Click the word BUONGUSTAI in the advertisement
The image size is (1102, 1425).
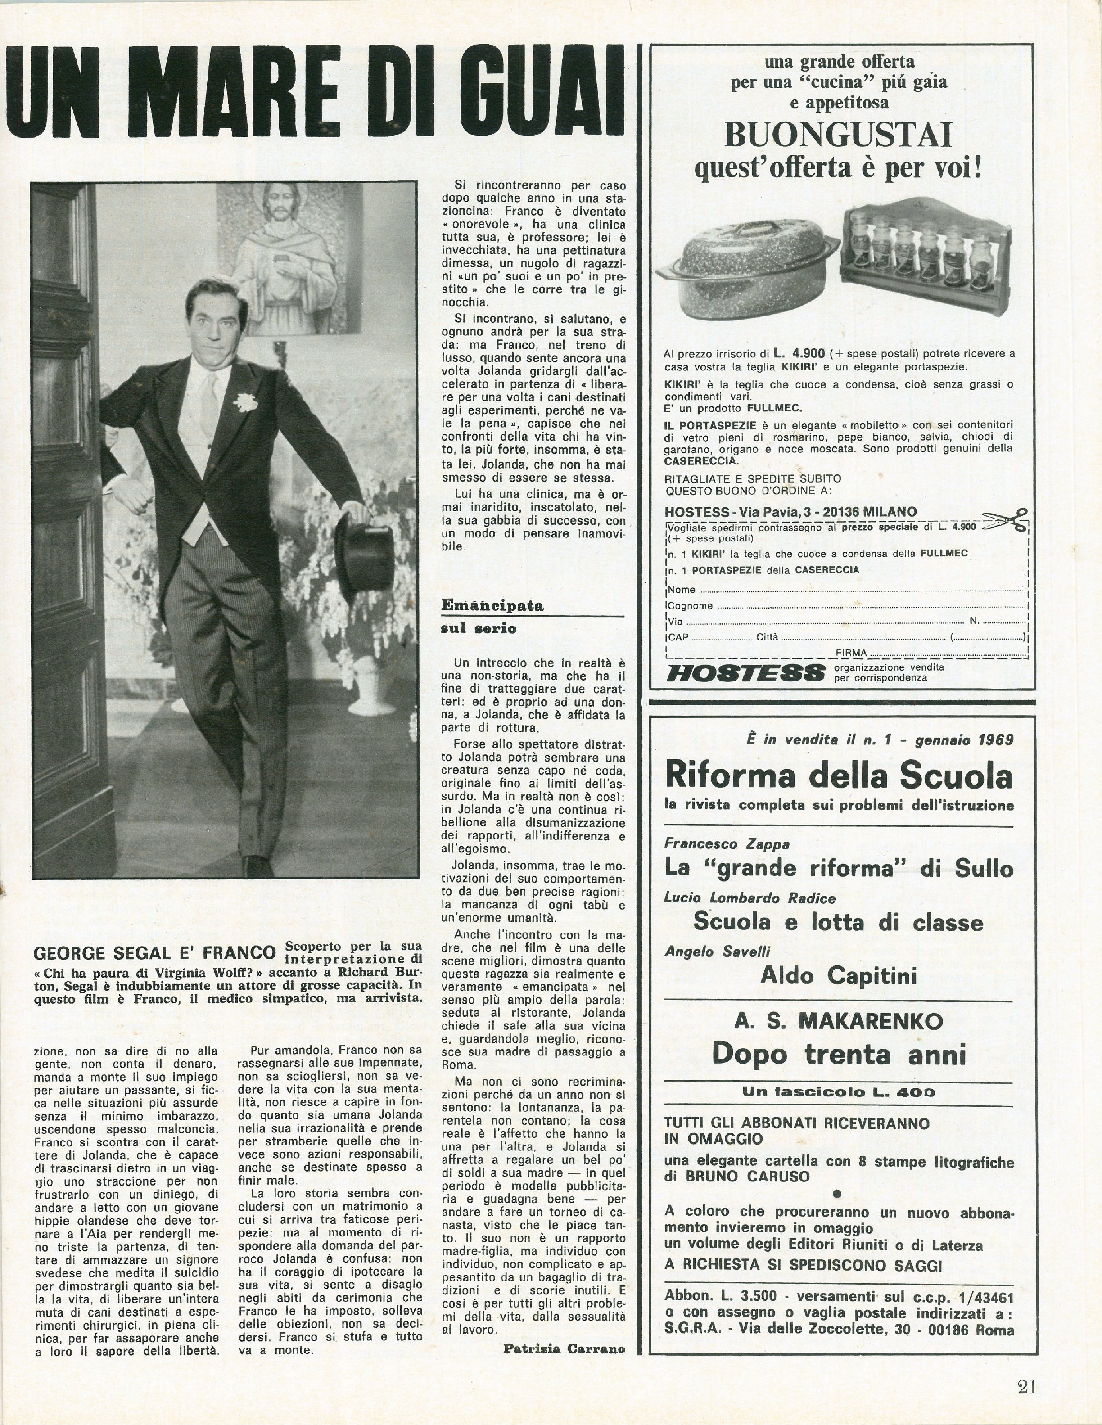[838, 136]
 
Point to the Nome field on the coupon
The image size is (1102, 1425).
[848, 589]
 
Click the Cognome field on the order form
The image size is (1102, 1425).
[848, 605]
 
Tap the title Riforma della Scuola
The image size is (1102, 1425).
[838, 776]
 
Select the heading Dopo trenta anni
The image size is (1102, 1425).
[838, 1053]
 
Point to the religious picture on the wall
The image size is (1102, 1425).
[287, 258]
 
